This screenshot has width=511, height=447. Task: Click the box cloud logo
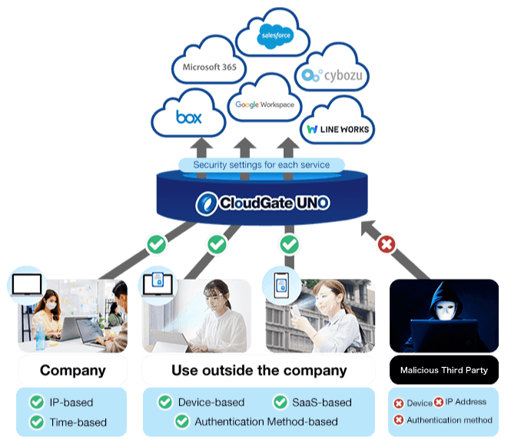click(x=189, y=118)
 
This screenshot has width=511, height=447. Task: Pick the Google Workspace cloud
click(x=264, y=104)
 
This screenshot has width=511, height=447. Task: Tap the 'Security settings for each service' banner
click(x=261, y=164)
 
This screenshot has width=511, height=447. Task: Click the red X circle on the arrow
click(x=387, y=245)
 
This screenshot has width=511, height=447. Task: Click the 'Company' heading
click(x=72, y=370)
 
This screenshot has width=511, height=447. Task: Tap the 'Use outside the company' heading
click(x=259, y=370)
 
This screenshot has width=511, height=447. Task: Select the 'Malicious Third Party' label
click(x=443, y=370)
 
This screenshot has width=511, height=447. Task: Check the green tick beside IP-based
click(x=36, y=402)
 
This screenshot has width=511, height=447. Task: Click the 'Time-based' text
click(x=78, y=422)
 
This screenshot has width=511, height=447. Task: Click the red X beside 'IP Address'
click(x=438, y=402)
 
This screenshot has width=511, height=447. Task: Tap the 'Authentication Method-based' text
click(x=266, y=422)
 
